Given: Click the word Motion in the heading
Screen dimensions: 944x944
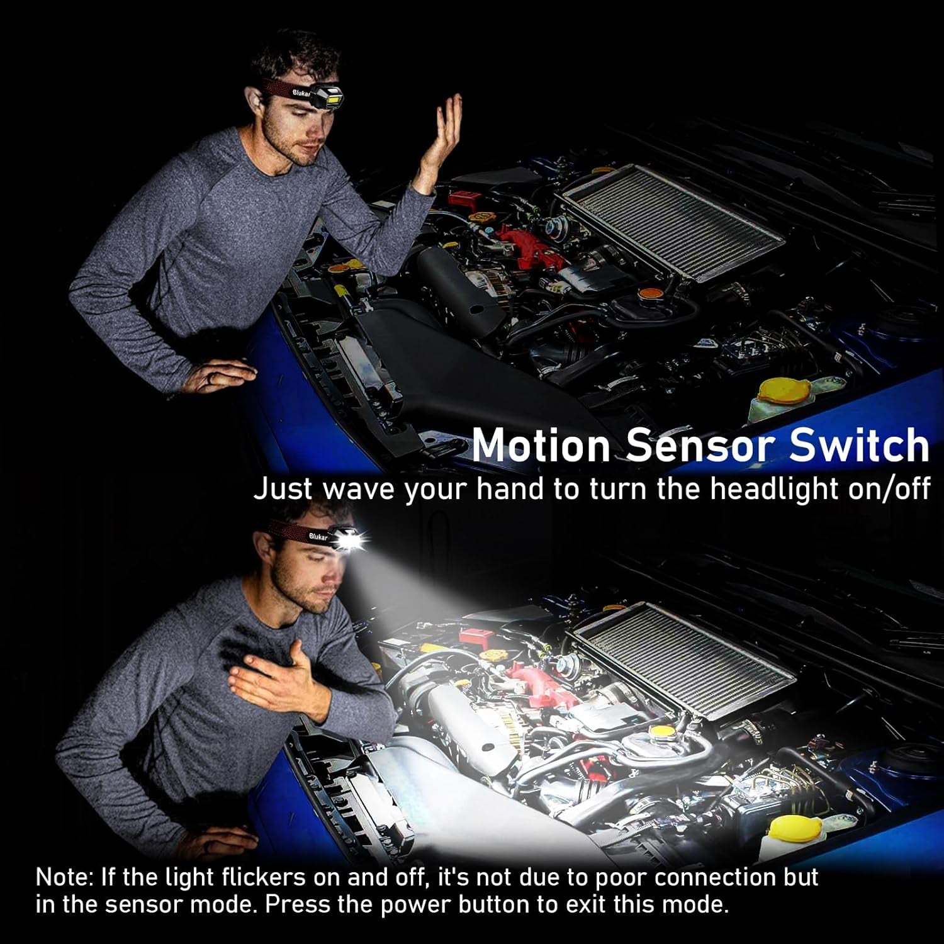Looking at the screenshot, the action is [x=541, y=445].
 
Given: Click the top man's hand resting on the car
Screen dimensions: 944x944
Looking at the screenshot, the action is [x=223, y=374].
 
